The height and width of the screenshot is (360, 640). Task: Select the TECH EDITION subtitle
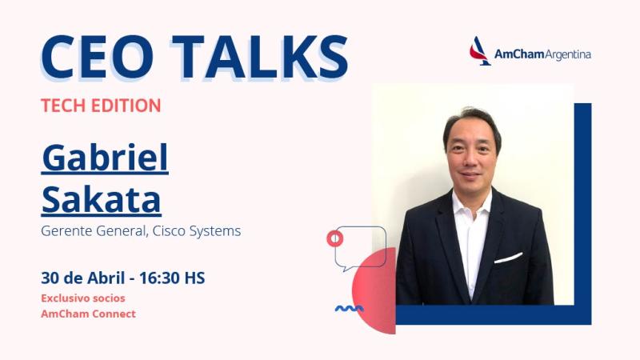101,105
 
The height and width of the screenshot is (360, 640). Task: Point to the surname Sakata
101,199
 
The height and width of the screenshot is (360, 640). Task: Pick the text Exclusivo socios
82,298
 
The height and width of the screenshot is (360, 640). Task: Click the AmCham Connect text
88,314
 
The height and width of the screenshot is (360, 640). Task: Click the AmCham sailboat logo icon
480,51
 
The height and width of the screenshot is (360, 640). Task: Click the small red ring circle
335,238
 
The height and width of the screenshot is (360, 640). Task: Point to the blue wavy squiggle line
349,308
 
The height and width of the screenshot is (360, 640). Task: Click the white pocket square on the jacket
508,258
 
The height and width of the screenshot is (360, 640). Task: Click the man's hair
472,120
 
